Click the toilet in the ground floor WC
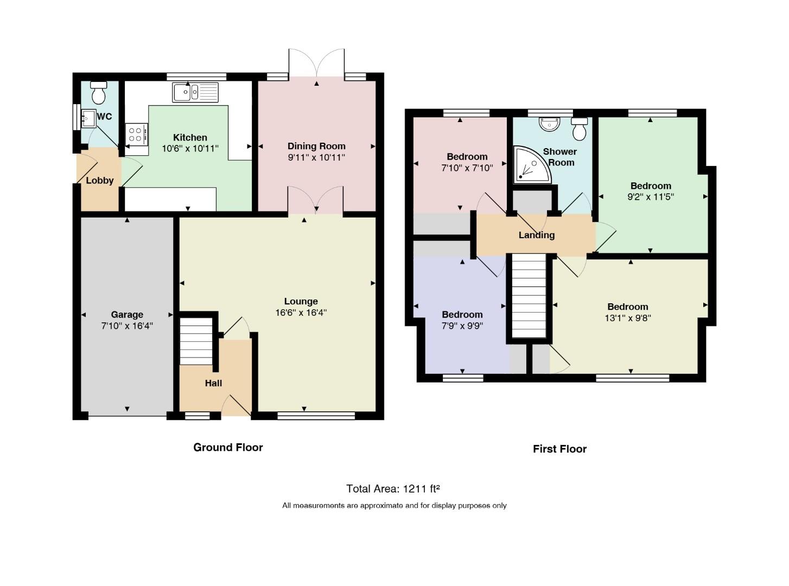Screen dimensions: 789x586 (99, 92)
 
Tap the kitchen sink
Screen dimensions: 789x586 (195, 92)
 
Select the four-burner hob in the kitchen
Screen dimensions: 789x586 (137, 135)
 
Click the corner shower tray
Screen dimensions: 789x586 (531, 165)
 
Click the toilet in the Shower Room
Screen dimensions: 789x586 (580, 129)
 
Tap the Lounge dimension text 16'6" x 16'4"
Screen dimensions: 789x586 (301, 313)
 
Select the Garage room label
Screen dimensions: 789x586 (127, 315)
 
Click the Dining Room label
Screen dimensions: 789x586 (316, 146)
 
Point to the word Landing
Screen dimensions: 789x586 (537, 235)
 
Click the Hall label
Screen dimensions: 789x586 (213, 383)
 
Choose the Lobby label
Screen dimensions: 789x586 (100, 180)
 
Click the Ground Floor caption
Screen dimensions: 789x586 (228, 447)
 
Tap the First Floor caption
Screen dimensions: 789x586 (559, 449)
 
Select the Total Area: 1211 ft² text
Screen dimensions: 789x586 (393, 488)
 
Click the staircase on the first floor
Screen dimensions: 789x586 (529, 296)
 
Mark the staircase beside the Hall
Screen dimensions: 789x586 (196, 341)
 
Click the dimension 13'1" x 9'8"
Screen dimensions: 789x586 (628, 318)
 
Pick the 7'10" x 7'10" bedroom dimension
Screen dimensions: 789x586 (467, 168)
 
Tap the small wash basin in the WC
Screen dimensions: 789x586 (88, 118)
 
